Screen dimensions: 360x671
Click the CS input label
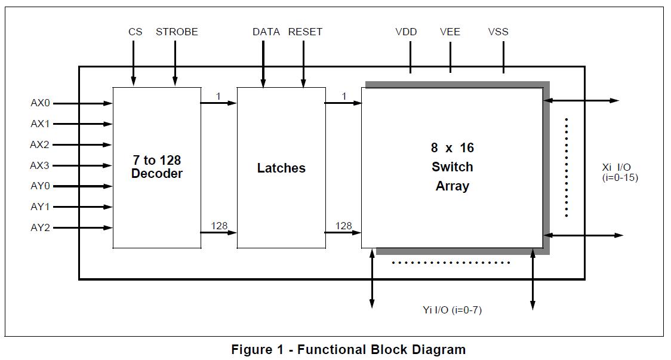pyautogui.click(x=136, y=32)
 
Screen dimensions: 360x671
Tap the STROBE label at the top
pyautogui.click(x=177, y=32)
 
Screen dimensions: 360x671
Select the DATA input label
pyautogui.click(x=266, y=32)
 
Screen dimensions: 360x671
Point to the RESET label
pyautogui.click(x=305, y=32)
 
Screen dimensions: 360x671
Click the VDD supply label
pyautogui.click(x=406, y=32)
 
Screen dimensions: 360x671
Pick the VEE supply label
pyautogui.click(x=450, y=32)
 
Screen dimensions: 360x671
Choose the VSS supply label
pyautogui.click(x=498, y=32)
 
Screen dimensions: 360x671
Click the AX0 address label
pyautogui.click(x=41, y=103)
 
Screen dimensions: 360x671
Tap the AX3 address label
pyautogui.click(x=41, y=165)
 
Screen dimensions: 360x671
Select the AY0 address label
pyautogui.click(x=41, y=186)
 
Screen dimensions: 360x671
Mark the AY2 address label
pyautogui.click(x=41, y=227)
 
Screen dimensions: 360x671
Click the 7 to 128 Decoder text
pyautogui.click(x=156, y=167)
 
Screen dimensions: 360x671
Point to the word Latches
pyautogui.click(x=281, y=168)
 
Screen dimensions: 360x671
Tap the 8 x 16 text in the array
pyautogui.click(x=453, y=147)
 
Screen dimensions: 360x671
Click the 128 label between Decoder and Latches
pyautogui.click(x=219, y=226)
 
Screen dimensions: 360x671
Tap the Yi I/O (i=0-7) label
pyautogui.click(x=451, y=310)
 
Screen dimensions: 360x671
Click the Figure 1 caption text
pyautogui.click(x=348, y=349)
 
